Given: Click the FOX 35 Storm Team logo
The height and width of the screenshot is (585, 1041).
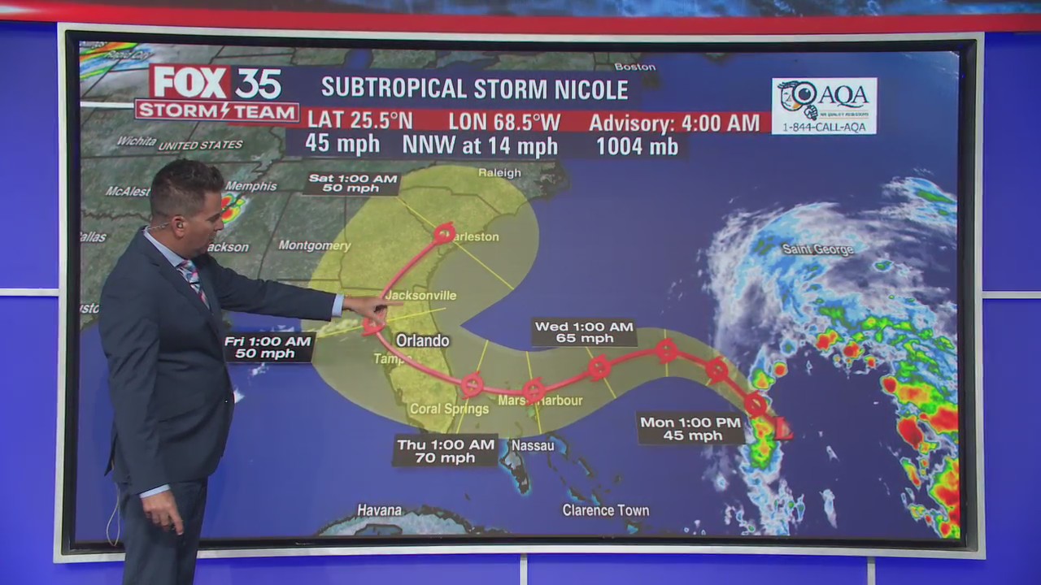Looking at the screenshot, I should coord(216,93).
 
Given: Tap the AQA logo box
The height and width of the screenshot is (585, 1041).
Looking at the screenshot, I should coord(824,106).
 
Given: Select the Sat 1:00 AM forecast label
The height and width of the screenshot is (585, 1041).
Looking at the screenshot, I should coord(352,184).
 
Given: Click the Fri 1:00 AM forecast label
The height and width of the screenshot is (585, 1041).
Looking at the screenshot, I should coord(268,347).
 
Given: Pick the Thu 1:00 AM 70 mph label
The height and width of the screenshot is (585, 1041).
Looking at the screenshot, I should coord(445,451).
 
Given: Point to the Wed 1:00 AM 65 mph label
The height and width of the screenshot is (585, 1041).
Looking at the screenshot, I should coord(585,332).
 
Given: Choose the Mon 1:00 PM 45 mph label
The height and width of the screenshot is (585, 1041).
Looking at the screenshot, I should coord(691,428).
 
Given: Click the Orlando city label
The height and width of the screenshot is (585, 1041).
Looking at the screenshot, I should coord(422,340).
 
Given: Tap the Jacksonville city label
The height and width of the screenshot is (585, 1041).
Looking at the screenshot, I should coord(420,296).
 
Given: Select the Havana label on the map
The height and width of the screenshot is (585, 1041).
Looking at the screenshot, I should coord(380,510).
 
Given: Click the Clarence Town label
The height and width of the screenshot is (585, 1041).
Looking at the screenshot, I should coord(605,510).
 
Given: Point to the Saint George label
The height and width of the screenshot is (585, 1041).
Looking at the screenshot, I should coord(817,249).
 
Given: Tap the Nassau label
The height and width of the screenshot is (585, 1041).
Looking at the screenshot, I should coord(532,445).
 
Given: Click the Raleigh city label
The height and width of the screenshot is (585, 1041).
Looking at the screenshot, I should coord(499,172).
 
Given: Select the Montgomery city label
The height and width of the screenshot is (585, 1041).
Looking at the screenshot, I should coord(314,245).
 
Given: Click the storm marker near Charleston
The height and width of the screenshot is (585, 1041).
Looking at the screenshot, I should coord(444,233).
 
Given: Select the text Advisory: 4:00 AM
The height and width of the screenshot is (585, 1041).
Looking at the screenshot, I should coord(674,123).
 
